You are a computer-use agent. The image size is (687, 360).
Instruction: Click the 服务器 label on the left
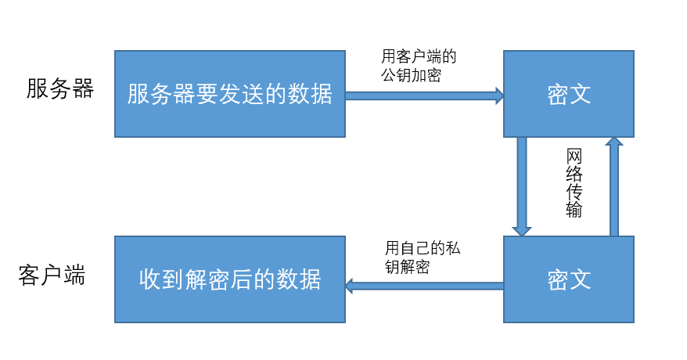[60, 89]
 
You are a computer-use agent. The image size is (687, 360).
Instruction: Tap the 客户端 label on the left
[52, 275]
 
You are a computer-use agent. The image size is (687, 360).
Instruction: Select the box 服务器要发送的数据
[229, 94]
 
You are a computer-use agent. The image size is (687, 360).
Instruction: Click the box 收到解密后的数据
[229, 279]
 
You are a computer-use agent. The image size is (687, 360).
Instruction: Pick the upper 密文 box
[568, 94]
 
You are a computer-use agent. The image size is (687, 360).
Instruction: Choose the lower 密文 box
[568, 279]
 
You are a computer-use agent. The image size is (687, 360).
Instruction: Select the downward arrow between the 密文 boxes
[521, 186]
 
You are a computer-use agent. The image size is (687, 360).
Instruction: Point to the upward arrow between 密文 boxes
[614, 186]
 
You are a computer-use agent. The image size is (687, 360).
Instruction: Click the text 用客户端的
[419, 58]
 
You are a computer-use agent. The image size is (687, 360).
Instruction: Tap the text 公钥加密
[412, 76]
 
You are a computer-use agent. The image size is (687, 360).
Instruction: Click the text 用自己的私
[423, 249]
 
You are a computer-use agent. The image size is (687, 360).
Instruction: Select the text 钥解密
[407, 267]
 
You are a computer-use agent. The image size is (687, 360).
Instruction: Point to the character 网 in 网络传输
[574, 156]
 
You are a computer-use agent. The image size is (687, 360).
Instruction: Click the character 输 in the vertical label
[574, 210]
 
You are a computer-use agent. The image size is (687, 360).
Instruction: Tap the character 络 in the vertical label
[574, 174]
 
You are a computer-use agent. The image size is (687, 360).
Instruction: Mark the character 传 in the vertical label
[574, 192]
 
